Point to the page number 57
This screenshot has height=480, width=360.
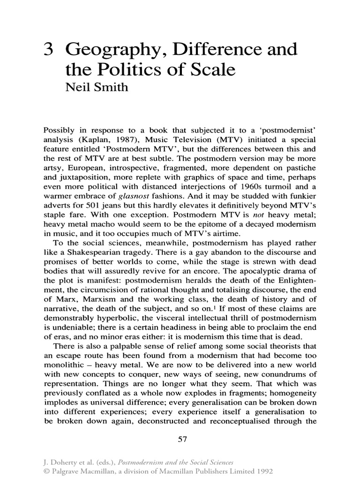coord(182,439)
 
